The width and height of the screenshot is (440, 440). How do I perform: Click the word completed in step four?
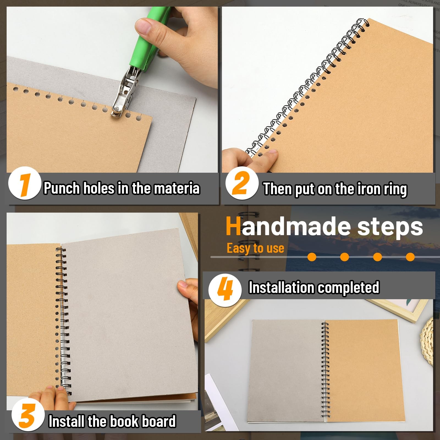point(349,288)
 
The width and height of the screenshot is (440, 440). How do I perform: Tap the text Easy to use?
point(255,248)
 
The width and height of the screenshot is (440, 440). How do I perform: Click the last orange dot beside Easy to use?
point(410,257)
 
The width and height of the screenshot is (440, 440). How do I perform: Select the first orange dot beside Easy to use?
point(312,257)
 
